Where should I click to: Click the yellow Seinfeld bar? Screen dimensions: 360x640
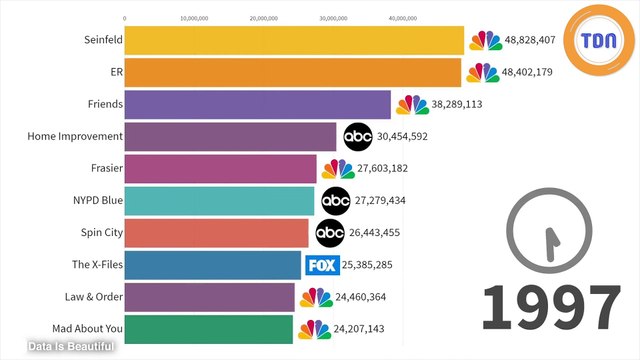[x=294, y=40]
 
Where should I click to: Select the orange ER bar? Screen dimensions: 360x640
[x=293, y=72]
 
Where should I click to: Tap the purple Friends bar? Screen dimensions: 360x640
[x=257, y=104]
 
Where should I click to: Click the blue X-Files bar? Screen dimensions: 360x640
[x=212, y=265]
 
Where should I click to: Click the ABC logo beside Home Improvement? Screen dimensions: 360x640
[x=358, y=137]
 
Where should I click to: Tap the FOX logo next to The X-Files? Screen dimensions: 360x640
[x=321, y=265]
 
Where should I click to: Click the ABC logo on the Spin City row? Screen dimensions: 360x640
[x=330, y=233]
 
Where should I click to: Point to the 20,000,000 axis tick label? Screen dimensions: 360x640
[x=263, y=18]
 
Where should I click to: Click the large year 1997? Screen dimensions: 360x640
[x=551, y=308]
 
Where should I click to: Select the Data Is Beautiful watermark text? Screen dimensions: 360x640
[x=72, y=347]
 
